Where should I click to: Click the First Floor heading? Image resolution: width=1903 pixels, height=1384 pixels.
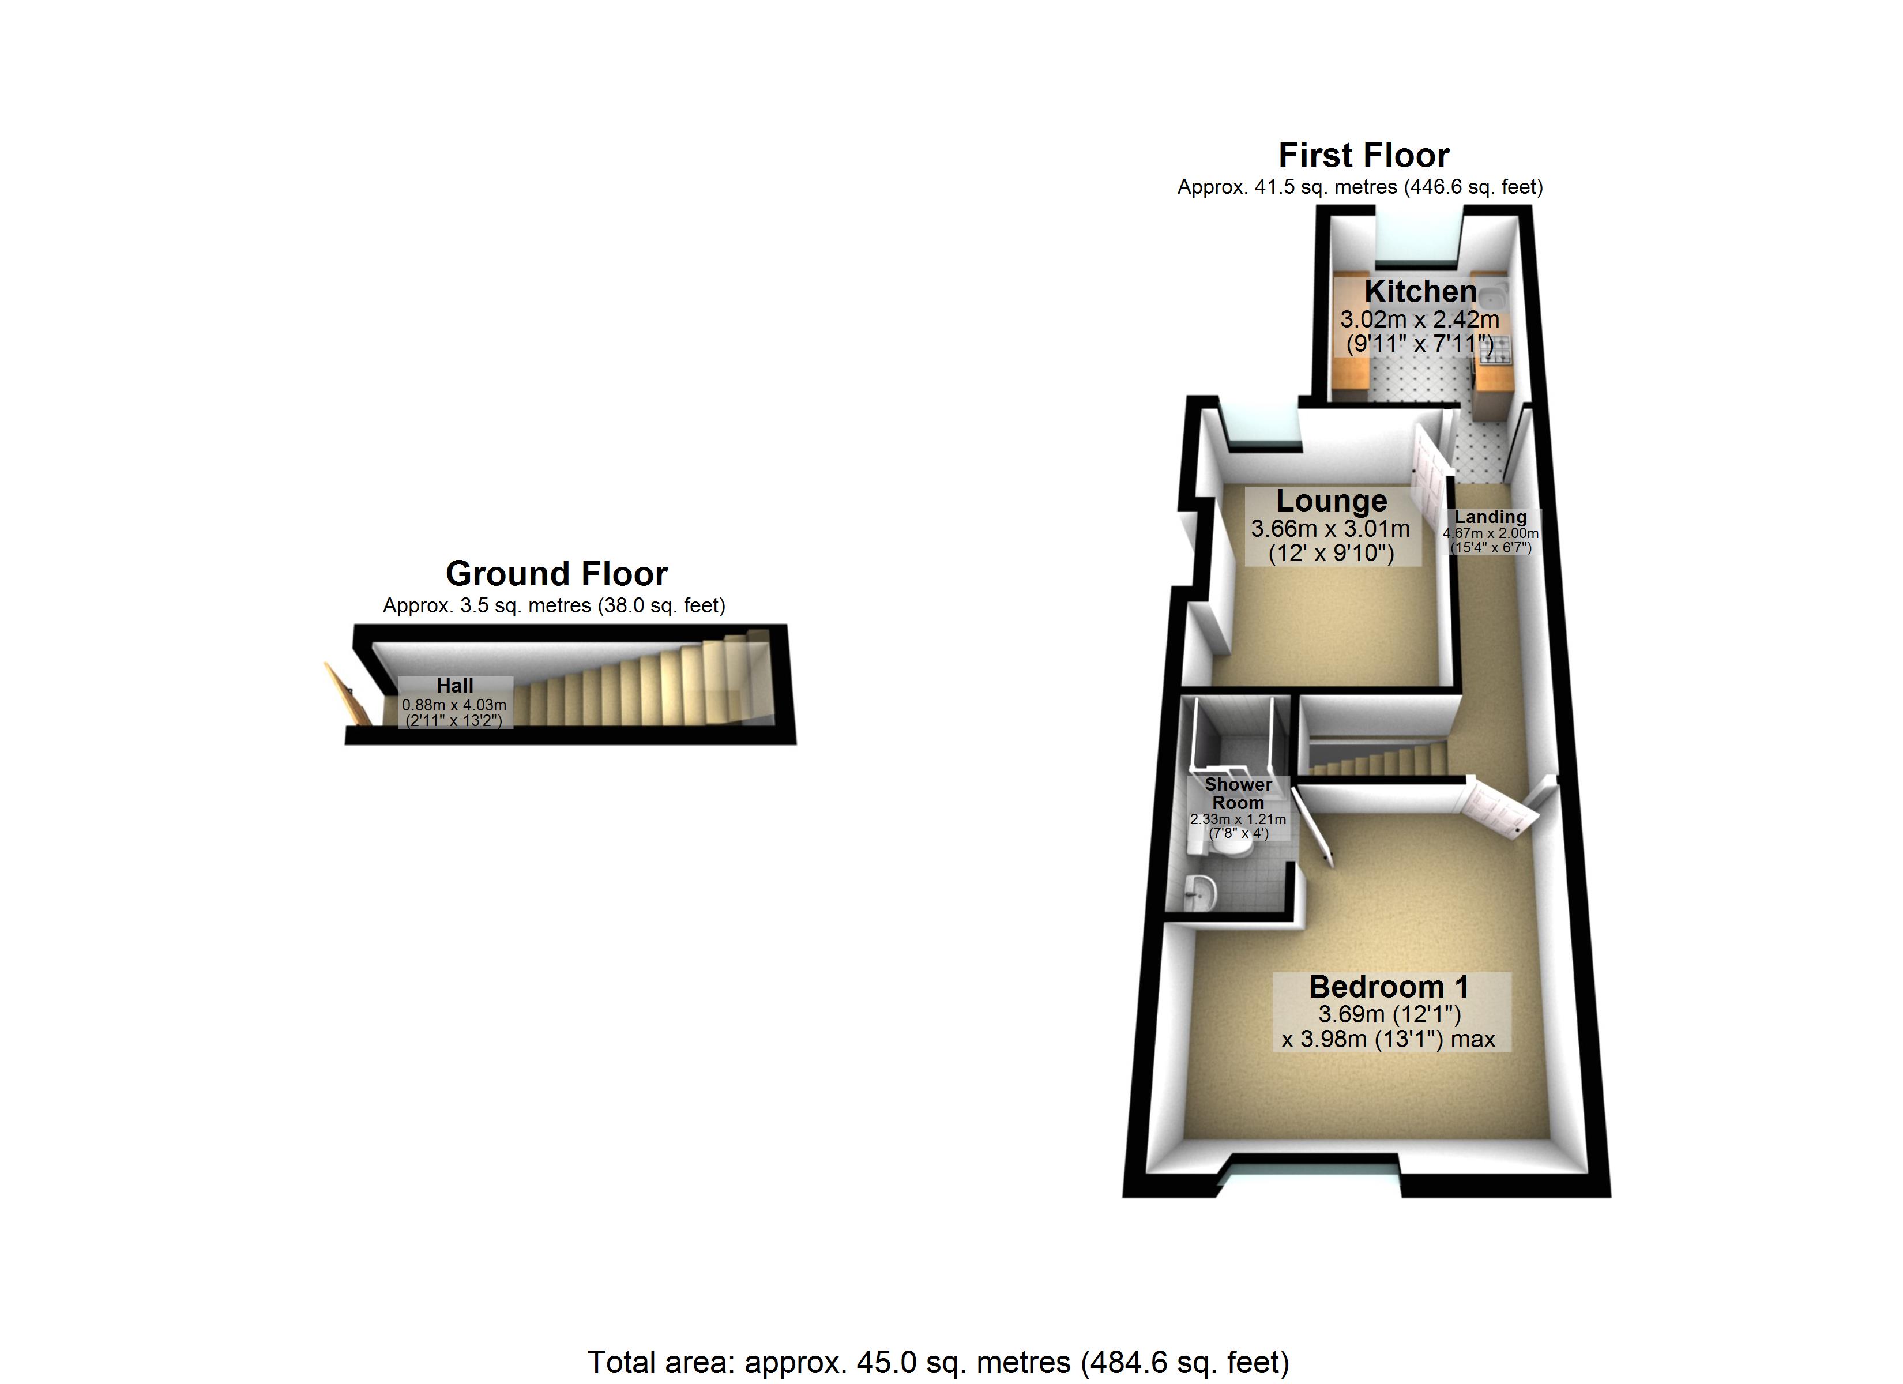tap(1363, 155)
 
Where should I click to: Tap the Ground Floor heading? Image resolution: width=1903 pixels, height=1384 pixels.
tap(556, 574)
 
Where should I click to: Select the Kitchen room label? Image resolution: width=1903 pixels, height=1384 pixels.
tap(1420, 292)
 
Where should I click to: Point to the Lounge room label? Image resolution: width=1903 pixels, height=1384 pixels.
tap(1331, 501)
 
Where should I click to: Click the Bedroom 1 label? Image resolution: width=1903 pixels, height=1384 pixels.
tap(1389, 987)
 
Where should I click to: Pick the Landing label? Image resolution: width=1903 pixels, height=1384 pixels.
tap(1490, 517)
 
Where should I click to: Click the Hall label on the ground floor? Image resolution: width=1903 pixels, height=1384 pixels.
tap(455, 686)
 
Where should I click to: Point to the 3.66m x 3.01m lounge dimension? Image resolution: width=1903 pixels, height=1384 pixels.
tap(1331, 529)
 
